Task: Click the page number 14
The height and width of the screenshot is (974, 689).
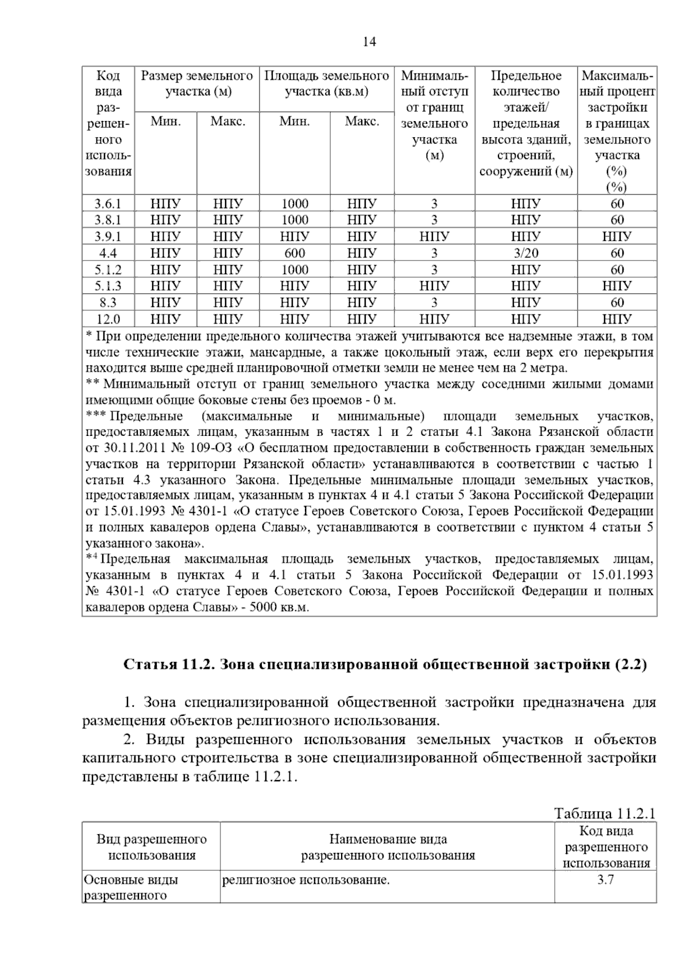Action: click(369, 42)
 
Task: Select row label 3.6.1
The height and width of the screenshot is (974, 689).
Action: click(108, 204)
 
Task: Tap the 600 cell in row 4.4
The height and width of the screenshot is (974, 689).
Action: click(295, 253)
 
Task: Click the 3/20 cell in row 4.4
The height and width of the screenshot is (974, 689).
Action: click(525, 253)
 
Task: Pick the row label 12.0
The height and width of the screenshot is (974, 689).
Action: click(108, 319)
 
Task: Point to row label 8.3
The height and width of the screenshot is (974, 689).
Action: click(108, 302)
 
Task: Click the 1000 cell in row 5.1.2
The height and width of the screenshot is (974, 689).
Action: click(295, 270)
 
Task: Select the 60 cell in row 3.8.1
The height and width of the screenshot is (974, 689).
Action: click(617, 220)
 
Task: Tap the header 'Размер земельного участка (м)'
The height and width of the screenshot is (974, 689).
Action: click(197, 84)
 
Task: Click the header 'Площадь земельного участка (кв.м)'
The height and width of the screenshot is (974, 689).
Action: click(326, 84)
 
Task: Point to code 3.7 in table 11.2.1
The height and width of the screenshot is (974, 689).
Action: click(606, 879)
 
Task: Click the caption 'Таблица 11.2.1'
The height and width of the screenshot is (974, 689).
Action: click(605, 813)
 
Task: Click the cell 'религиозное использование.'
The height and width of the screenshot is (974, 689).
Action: click(305, 879)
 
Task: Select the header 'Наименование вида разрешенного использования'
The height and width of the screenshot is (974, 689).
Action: click(388, 847)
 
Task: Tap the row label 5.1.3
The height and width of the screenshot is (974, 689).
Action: click(108, 286)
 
